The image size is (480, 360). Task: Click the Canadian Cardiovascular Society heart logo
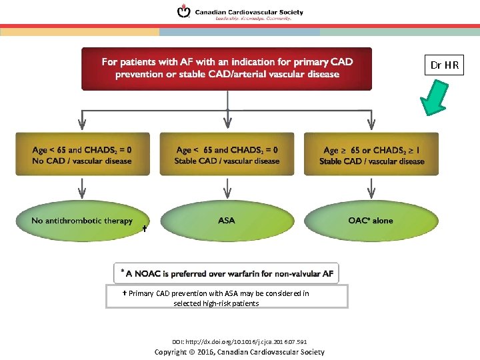click(183, 11)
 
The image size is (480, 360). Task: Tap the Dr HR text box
click(444, 65)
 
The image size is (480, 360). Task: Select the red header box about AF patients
click(227, 68)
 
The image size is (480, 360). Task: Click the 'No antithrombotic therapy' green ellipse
click(82, 221)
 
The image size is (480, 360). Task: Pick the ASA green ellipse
click(227, 221)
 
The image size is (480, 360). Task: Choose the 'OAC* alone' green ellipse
click(371, 221)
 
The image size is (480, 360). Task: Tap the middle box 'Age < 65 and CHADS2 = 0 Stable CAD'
click(227, 154)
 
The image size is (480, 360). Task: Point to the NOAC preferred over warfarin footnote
click(227, 273)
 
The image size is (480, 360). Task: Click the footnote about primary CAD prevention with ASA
click(227, 297)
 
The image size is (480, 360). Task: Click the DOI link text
click(239, 341)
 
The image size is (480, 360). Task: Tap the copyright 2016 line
click(239, 352)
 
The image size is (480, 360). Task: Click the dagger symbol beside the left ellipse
click(145, 229)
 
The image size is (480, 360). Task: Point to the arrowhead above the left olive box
click(82, 124)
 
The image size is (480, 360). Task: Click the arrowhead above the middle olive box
click(227, 124)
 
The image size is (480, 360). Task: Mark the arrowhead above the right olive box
click(371, 124)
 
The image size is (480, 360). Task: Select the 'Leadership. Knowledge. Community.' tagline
click(253, 19)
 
